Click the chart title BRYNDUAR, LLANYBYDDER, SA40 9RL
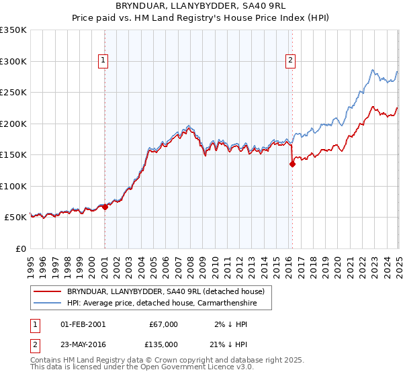click(x=201, y=6)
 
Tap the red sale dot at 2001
click(x=105, y=207)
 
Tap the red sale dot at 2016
click(x=292, y=164)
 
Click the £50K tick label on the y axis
click(x=15, y=218)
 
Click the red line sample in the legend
click(x=47, y=291)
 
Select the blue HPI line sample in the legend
click(x=47, y=303)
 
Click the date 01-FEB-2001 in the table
click(x=83, y=324)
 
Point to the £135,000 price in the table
click(x=163, y=344)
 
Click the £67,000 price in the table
click(x=163, y=324)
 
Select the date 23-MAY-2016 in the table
click(x=83, y=344)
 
